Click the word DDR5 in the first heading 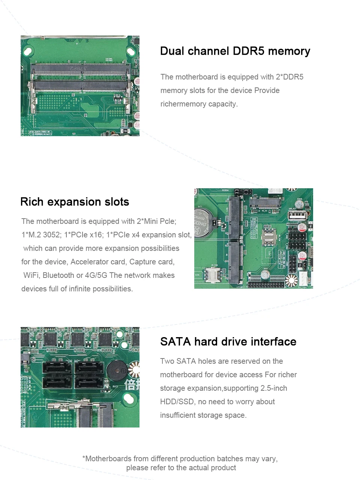click(x=248, y=51)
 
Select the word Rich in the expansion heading click(x=32, y=202)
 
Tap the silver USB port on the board click(x=297, y=215)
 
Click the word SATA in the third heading click(x=175, y=342)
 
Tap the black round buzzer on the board click(x=117, y=370)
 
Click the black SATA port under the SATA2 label click(x=57, y=367)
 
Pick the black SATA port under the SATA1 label click(x=89, y=367)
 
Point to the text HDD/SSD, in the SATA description click(x=178, y=402)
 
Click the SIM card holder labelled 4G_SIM click(x=213, y=275)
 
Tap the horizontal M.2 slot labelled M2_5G click(x=265, y=202)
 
